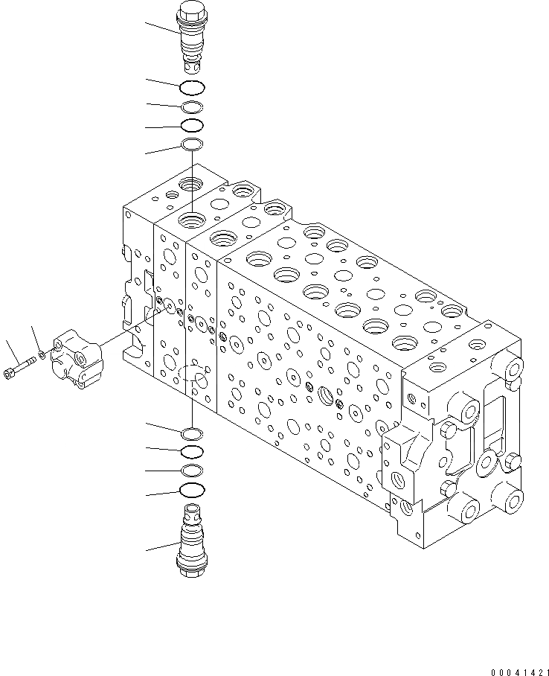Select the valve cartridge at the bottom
coord(192,539)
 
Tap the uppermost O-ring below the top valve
coord(192,87)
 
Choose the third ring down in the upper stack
coord(192,125)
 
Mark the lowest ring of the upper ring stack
coord(192,144)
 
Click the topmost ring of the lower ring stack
coord(192,433)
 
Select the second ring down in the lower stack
coord(192,451)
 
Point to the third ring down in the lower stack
coord(192,470)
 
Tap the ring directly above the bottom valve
coord(192,490)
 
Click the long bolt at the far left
coord(20,367)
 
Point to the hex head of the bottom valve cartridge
coord(192,567)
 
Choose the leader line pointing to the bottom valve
coord(162,547)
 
